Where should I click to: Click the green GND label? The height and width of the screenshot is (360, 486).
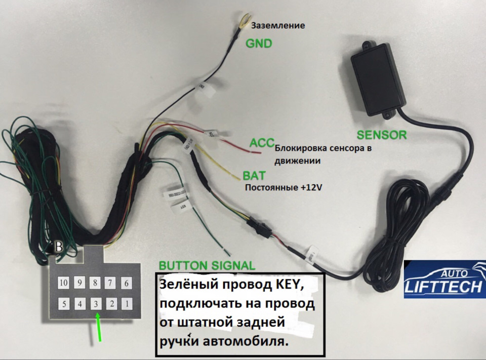pos(259,44)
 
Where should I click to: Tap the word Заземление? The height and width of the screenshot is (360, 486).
pos(278,25)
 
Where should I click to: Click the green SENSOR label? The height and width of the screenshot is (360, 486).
pos(382,135)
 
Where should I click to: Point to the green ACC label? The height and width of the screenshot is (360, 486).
pos(261,143)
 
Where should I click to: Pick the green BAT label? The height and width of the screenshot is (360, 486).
pos(254,176)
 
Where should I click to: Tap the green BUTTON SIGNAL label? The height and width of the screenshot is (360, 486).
pos(207,266)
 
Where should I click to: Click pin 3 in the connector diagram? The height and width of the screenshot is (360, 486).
pos(95,304)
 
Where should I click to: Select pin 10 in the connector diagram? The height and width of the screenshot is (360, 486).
pos(63,283)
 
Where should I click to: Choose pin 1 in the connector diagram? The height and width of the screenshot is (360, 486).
pos(127,304)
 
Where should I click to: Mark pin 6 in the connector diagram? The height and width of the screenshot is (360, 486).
pos(127,283)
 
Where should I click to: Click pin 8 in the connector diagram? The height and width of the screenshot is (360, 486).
pos(95,283)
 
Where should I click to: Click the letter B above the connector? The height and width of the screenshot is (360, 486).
pos(59,248)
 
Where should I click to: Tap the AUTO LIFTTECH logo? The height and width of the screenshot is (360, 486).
pos(444,279)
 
